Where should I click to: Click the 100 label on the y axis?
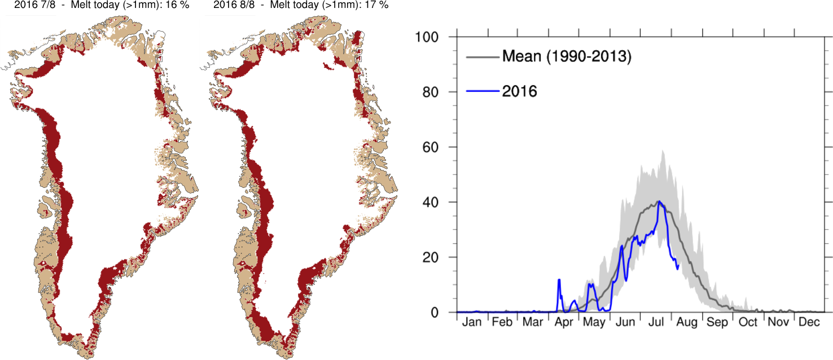pyautogui.click(x=428, y=37)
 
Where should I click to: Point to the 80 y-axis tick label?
pyautogui.click(x=431, y=92)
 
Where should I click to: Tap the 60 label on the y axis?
pyautogui.click(x=431, y=147)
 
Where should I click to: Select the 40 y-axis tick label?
pyautogui.click(x=431, y=202)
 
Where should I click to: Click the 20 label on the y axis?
pyautogui.click(x=431, y=257)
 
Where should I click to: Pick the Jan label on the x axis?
pyautogui.click(x=471, y=323)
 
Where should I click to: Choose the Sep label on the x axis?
pyautogui.click(x=718, y=323)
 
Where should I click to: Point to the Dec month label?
pyautogui.click(x=809, y=323)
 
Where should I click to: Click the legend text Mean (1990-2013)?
pyautogui.click(x=566, y=56)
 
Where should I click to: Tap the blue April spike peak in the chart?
pyautogui.click(x=559, y=279)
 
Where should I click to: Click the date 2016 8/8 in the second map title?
pyautogui.click(x=234, y=5)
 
